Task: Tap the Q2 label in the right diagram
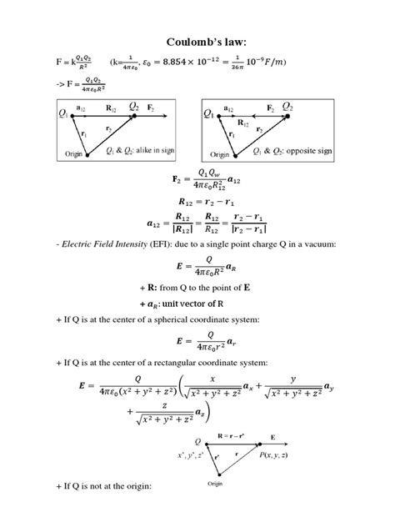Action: [x=287, y=108]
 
